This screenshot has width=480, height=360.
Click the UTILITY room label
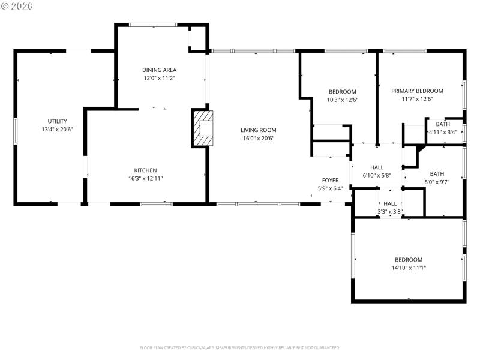58,121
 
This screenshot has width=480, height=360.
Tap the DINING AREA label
159,70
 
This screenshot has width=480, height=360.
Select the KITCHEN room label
146,170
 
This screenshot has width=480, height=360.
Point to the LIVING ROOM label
259,130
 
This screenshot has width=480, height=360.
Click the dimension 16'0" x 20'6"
259,138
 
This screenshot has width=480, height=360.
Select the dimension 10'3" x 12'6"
343,100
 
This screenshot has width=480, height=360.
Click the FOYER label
331,181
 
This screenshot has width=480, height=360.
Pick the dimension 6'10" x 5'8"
377,176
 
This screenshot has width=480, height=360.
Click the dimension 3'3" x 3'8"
390,211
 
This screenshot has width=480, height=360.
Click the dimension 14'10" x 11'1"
409,268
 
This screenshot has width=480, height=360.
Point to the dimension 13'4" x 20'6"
58,129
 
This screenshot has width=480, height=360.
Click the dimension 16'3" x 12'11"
146,178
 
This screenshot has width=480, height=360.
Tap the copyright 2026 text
17,5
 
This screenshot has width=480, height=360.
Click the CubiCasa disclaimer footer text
240,347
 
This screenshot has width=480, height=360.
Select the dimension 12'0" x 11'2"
159,77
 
